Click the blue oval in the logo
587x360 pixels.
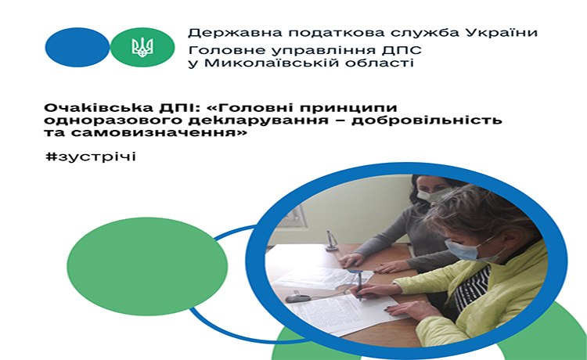[x=77, y=47]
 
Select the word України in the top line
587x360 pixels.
[x=502, y=32]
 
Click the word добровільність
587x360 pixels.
[x=436, y=120]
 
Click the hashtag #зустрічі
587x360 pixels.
[x=90, y=157]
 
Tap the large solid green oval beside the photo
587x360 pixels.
[x=147, y=266]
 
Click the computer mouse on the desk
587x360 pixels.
[x=298, y=298]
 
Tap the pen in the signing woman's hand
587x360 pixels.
[x=360, y=285]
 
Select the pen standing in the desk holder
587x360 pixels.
[x=330, y=240]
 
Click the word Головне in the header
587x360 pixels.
[x=224, y=51]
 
